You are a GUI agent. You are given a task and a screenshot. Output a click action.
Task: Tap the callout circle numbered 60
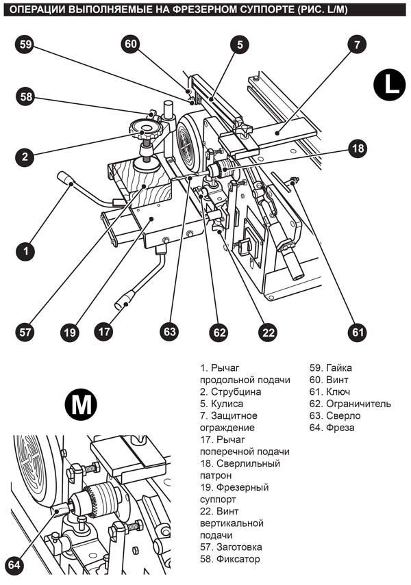tap(132, 44)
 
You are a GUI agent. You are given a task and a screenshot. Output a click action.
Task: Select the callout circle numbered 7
tap(356, 44)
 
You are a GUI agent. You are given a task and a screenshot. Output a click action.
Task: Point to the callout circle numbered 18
tap(357, 148)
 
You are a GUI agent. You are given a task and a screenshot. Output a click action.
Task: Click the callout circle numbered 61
tap(357, 333)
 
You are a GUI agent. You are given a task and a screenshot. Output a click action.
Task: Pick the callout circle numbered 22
tap(268, 333)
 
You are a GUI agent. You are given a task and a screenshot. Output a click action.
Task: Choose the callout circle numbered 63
tap(169, 333)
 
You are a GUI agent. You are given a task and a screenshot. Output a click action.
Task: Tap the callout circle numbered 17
tap(104, 333)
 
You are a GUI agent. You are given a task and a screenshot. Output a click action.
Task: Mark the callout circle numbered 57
tap(26, 333)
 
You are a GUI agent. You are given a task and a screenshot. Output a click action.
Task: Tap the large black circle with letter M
tap(81, 405)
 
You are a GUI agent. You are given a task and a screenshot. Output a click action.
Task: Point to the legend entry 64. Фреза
tap(332, 428)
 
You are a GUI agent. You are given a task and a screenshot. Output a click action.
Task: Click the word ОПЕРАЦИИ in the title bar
tap(38, 10)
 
